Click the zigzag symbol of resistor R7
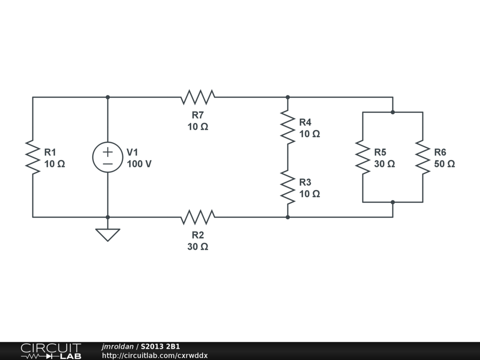click(x=198, y=97)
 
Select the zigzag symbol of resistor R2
click(x=198, y=217)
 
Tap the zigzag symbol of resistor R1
click(x=33, y=157)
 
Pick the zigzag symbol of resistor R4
click(x=288, y=127)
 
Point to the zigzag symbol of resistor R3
click(x=288, y=187)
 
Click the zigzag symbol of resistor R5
click(x=363, y=157)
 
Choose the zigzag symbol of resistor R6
click(x=423, y=157)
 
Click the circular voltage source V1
click(x=108, y=157)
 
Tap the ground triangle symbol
click(x=108, y=235)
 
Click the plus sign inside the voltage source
click(x=108, y=151)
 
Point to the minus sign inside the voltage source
click(x=108, y=164)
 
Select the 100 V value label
click(x=139, y=164)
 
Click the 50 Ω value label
click(x=444, y=164)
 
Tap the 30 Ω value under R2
click(x=198, y=247)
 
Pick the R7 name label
click(x=198, y=115)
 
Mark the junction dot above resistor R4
click(x=288, y=97)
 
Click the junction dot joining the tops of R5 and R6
click(x=393, y=112)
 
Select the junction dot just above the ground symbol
click(x=108, y=217)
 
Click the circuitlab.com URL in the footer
click(x=155, y=356)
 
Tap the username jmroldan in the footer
click(x=118, y=347)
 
